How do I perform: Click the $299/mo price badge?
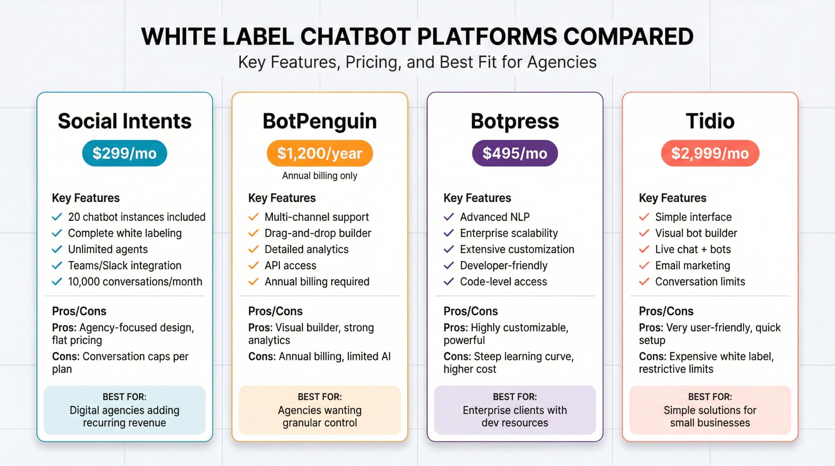pyautogui.click(x=124, y=153)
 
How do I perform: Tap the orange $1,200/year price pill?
pyautogui.click(x=319, y=153)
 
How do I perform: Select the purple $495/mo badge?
pyautogui.click(x=515, y=153)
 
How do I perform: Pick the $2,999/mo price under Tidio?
pyautogui.click(x=710, y=153)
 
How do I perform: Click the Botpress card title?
pyautogui.click(x=515, y=121)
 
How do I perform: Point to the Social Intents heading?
pyautogui.click(x=124, y=121)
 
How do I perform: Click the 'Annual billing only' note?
pyautogui.click(x=319, y=176)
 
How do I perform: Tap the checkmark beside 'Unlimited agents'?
pyautogui.click(x=57, y=249)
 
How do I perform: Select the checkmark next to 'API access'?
pyautogui.click(x=253, y=266)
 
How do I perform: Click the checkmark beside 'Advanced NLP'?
pyautogui.click(x=449, y=217)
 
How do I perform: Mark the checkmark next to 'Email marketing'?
pyautogui.click(x=644, y=266)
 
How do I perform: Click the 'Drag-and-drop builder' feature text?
pyautogui.click(x=318, y=233)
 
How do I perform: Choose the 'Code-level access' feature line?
pyautogui.click(x=503, y=282)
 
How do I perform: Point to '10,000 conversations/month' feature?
pyautogui.click(x=135, y=282)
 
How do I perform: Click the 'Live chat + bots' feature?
pyautogui.click(x=693, y=249)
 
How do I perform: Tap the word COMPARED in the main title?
pyautogui.click(x=628, y=37)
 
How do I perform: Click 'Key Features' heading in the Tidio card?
pyautogui.click(x=672, y=198)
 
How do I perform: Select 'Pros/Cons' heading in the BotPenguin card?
pyautogui.click(x=275, y=311)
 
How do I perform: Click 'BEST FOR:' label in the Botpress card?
pyautogui.click(x=515, y=397)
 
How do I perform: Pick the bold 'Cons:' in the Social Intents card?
pyautogui.click(x=66, y=357)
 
